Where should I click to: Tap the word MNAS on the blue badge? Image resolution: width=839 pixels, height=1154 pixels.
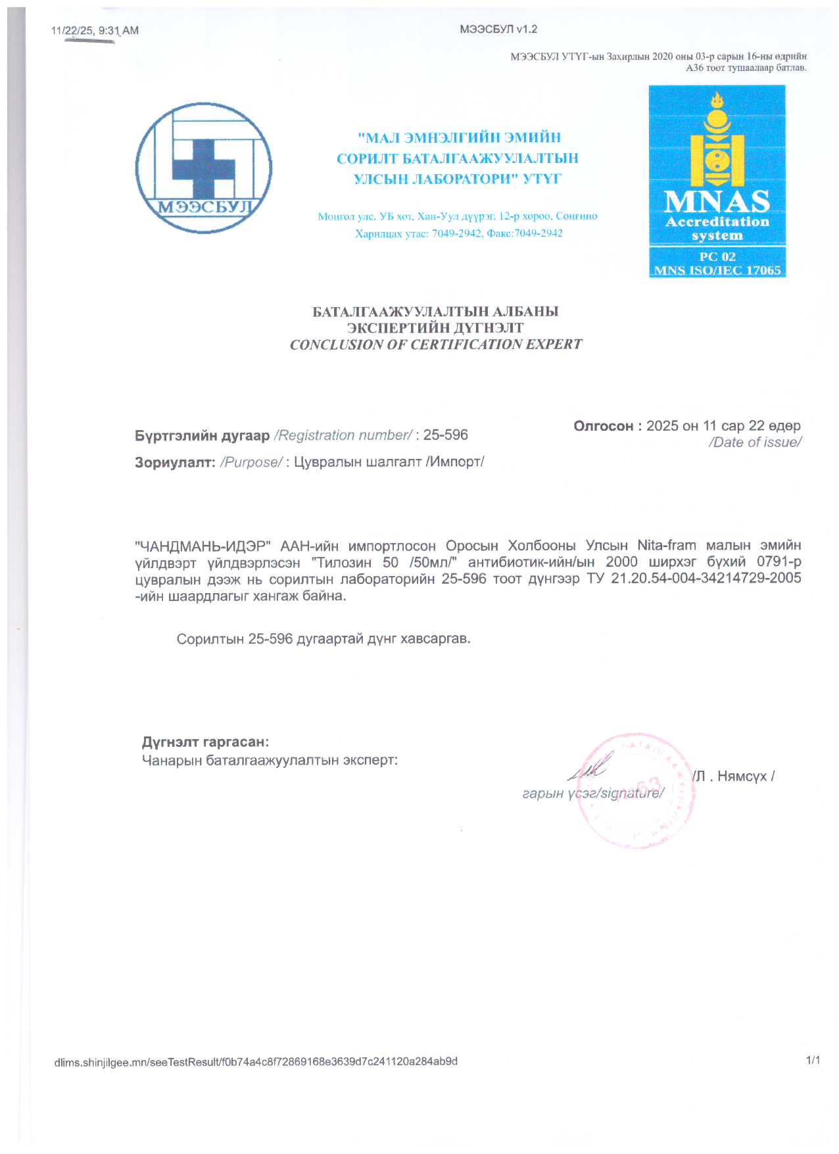pyautogui.click(x=717, y=201)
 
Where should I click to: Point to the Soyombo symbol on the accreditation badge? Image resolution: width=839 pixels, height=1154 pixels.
pyautogui.click(x=717, y=141)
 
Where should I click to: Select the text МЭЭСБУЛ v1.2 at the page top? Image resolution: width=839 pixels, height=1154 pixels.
pyautogui.click(x=498, y=29)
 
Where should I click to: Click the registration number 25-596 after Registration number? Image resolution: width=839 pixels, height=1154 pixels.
pyautogui.click(x=445, y=435)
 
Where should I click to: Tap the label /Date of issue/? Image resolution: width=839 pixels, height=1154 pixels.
pyautogui.click(x=754, y=443)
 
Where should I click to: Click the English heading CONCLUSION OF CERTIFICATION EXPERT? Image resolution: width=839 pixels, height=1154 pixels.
pyautogui.click(x=436, y=345)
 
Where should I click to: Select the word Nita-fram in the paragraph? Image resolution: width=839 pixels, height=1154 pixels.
pyautogui.click(x=666, y=546)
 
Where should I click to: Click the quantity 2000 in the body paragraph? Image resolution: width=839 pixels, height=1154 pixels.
pyautogui.click(x=621, y=562)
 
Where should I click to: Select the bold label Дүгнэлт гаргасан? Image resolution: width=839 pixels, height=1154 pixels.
pyautogui.click(x=205, y=742)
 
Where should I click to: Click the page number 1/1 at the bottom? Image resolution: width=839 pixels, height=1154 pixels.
pyautogui.click(x=813, y=1060)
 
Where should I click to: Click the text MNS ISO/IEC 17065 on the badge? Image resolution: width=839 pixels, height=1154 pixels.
pyautogui.click(x=717, y=270)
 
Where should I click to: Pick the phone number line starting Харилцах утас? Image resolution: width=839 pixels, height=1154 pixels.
pyautogui.click(x=458, y=233)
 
